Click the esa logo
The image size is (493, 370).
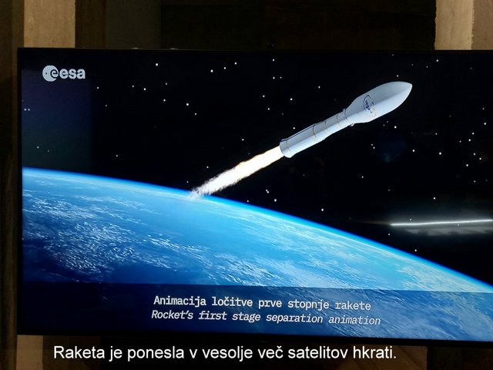tap(64, 73)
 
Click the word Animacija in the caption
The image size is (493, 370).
tap(179, 301)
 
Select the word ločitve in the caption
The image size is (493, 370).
tap(232, 302)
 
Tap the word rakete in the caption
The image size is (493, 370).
tap(353, 305)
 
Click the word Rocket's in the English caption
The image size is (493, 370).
tap(172, 314)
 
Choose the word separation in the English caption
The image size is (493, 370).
tap(294, 318)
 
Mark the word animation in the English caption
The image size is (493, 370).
tap(354, 320)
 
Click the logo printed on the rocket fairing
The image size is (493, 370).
tap(369, 104)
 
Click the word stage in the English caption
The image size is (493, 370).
tap(246, 317)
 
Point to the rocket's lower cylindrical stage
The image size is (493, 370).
tap(313, 134)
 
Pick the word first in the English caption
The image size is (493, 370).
tap(213, 315)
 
